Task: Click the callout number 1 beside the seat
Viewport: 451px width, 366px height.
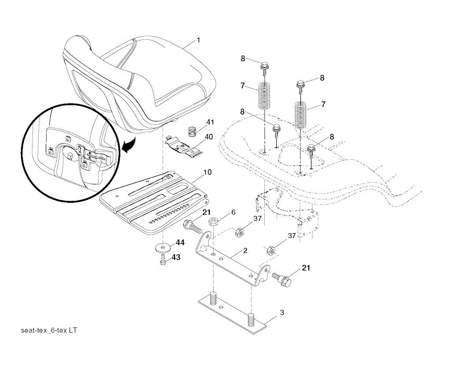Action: tap(198, 40)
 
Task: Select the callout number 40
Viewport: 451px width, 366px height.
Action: tap(209, 136)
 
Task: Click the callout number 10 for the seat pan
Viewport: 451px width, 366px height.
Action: tap(207, 172)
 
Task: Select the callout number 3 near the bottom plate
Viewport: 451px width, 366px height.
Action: tap(282, 313)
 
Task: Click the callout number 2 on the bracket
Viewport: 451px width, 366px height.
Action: tap(245, 251)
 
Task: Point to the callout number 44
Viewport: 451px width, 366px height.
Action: tap(180, 242)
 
